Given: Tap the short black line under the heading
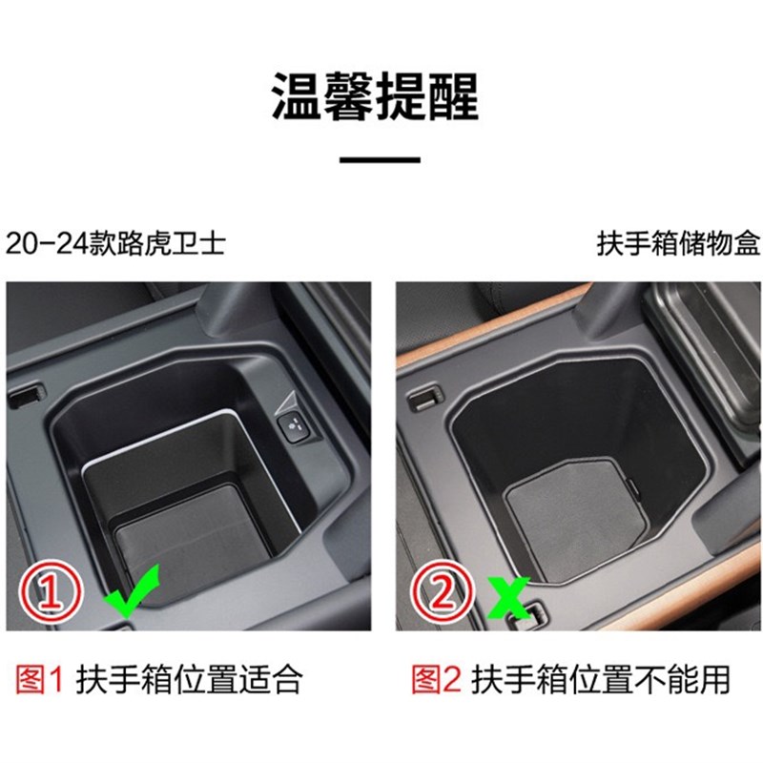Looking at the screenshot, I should [380, 160].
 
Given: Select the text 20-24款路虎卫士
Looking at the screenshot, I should [115, 243].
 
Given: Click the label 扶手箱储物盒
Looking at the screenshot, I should [678, 243].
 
